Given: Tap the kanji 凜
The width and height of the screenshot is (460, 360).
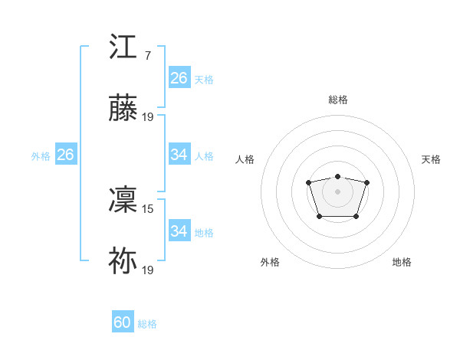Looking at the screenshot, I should [123, 201].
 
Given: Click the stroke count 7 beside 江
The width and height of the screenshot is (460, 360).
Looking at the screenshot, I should [147, 55].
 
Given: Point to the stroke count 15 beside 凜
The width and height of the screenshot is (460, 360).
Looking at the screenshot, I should [148, 208].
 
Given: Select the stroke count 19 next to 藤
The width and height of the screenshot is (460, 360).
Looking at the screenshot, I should [148, 117].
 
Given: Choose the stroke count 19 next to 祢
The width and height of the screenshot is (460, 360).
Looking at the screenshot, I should [148, 270].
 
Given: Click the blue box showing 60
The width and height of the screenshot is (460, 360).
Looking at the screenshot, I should [123, 322].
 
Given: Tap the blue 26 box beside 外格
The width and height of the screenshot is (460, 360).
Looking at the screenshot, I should [65, 155].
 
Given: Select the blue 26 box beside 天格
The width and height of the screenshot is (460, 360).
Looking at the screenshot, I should [179, 78].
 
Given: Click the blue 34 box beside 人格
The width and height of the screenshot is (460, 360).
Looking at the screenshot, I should [179, 155].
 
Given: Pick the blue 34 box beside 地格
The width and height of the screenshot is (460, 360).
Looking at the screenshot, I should [179, 231].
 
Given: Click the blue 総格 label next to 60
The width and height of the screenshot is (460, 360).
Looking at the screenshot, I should [147, 324].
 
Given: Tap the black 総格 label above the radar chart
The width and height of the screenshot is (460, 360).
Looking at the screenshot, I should [338, 100].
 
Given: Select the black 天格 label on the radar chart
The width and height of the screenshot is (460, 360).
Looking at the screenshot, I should [432, 159].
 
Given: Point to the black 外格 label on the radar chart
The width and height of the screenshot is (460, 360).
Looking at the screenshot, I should [270, 262].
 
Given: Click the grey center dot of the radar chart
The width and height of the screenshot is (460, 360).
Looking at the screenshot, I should [338, 191].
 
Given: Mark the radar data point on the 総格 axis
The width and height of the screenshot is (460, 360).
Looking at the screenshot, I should [338, 177].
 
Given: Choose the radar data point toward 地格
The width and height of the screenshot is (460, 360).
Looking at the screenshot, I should [356, 217].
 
